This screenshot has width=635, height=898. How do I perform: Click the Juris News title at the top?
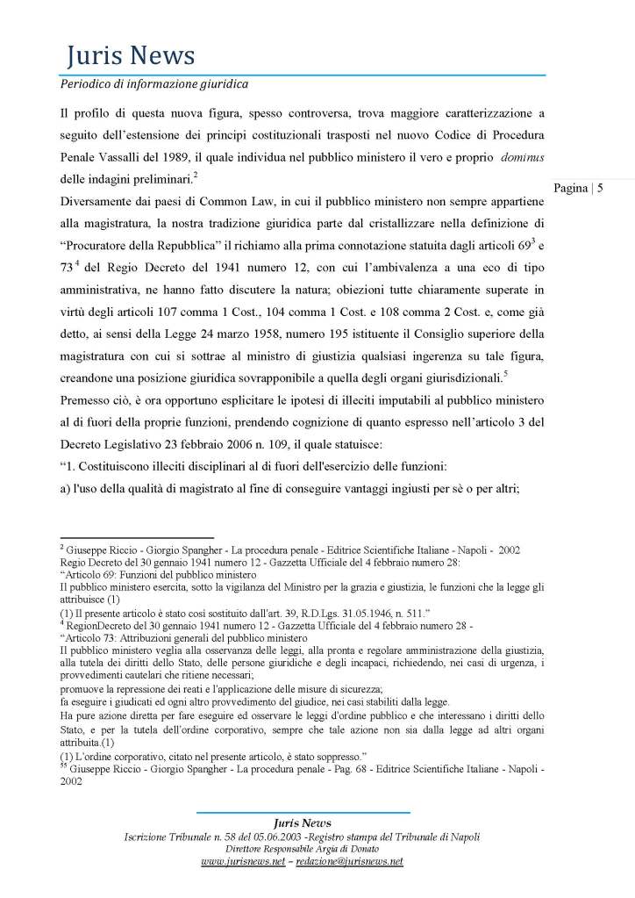tap(131, 58)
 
